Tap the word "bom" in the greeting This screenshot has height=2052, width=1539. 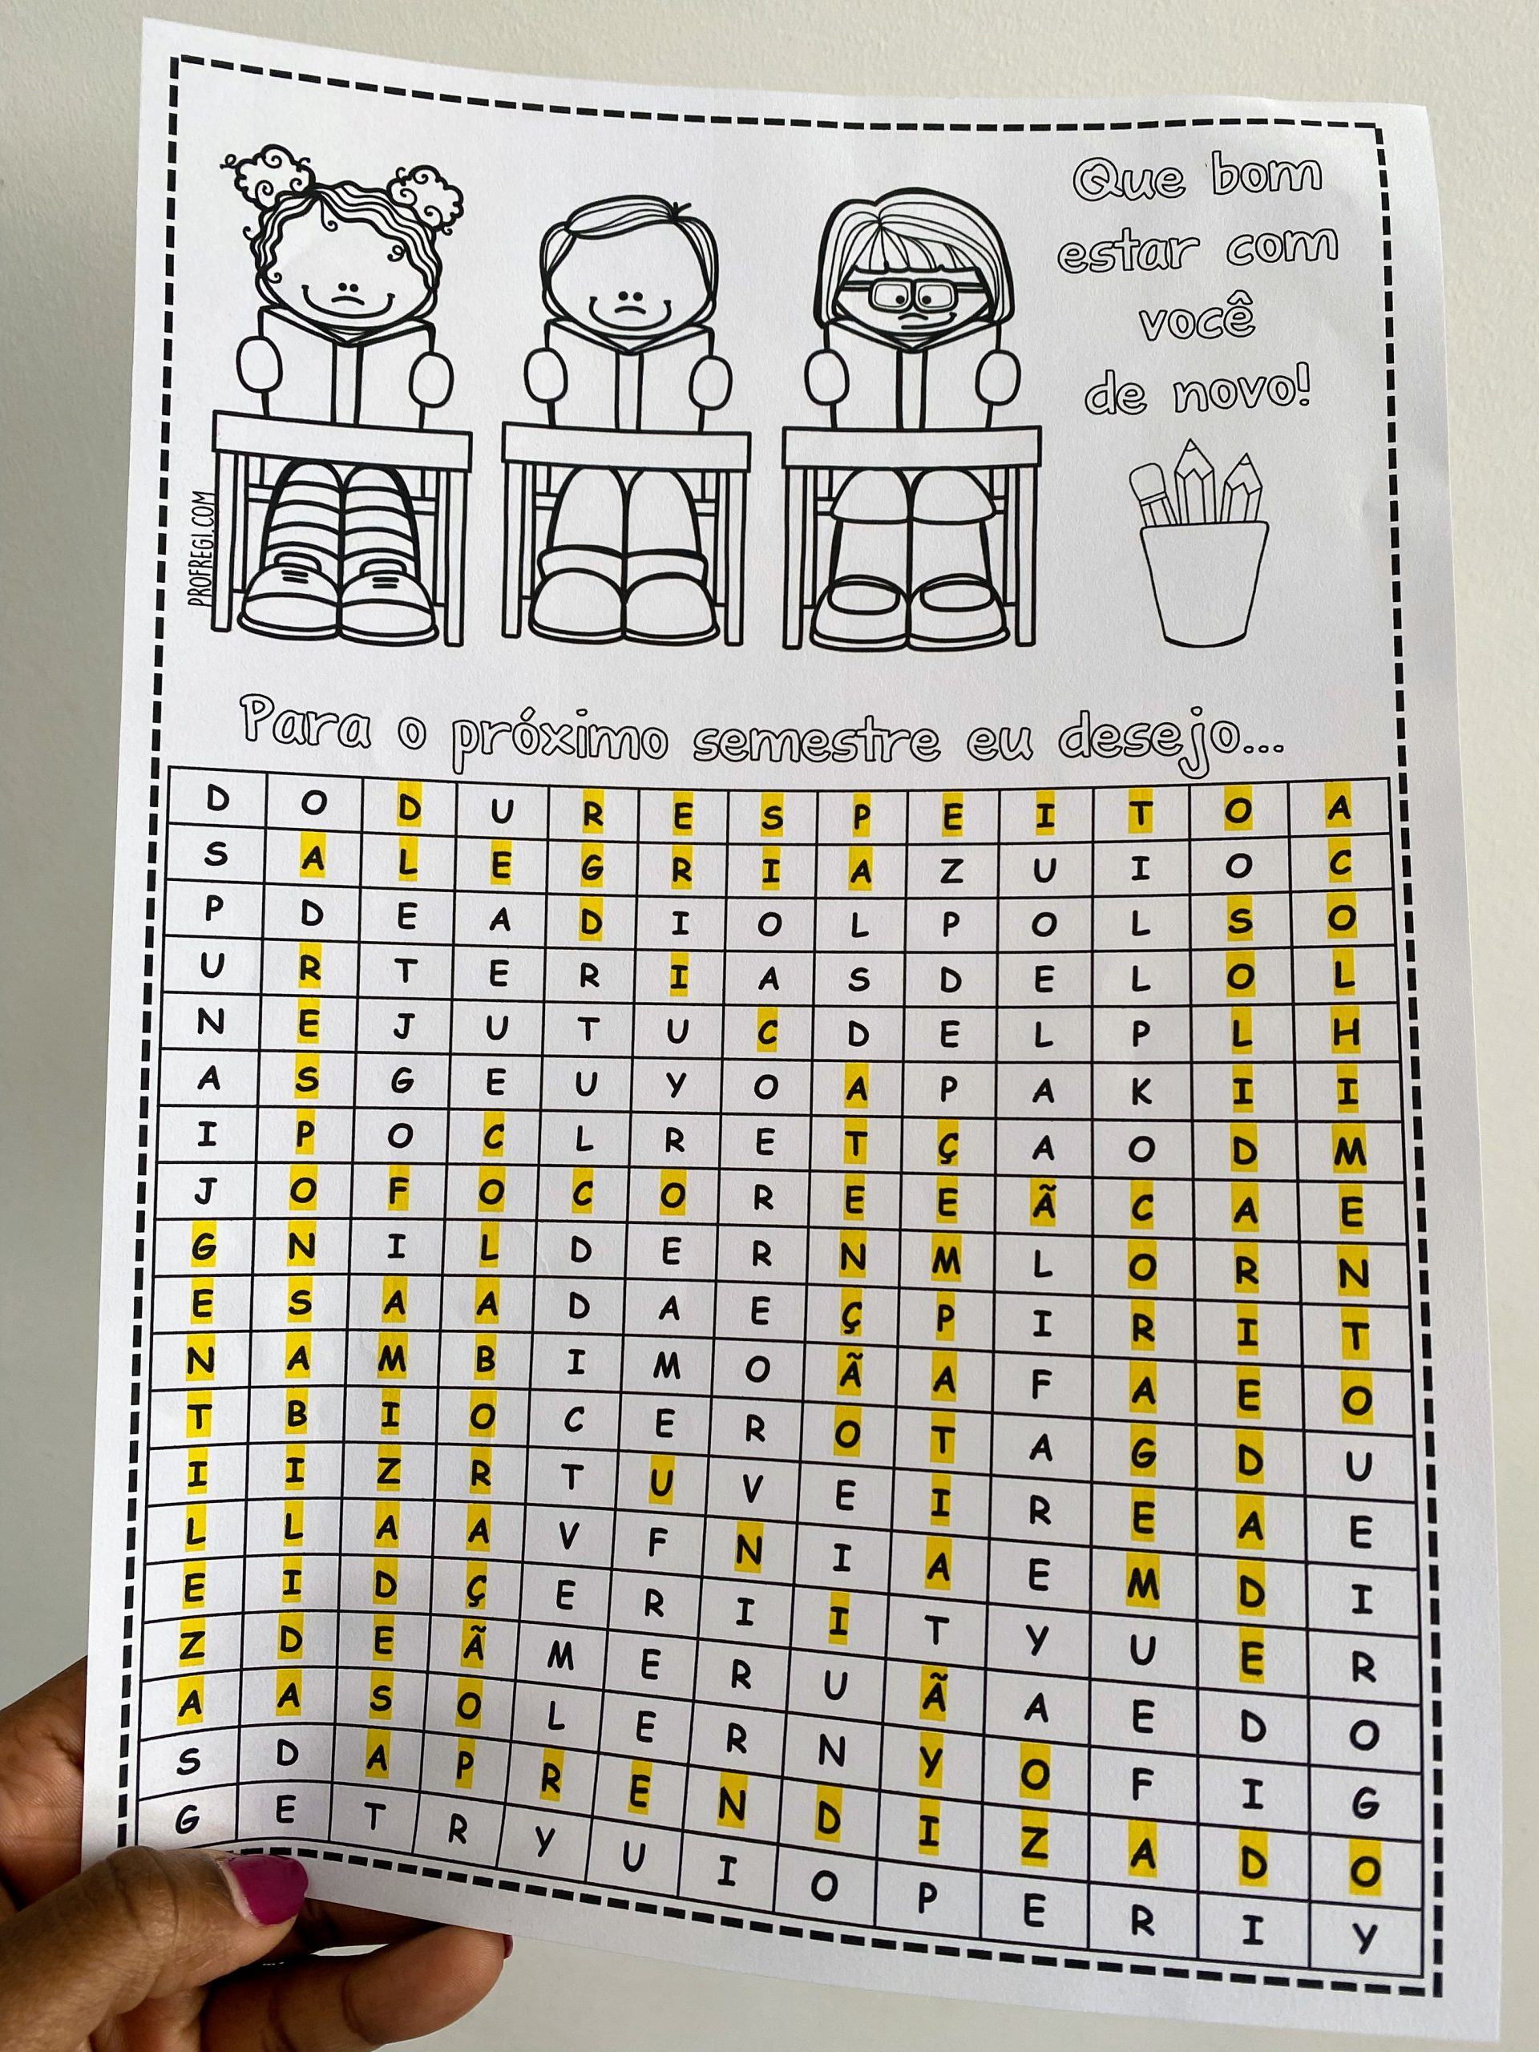(x=1267, y=175)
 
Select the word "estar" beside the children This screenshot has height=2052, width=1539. (x=1128, y=252)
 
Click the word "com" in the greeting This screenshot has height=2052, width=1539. (x=1283, y=246)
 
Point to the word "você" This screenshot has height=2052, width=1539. (x=1197, y=315)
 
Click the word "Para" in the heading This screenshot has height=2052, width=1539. (x=306, y=725)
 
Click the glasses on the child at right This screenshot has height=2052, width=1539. (x=912, y=295)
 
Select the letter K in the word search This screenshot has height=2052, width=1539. (x=1141, y=1092)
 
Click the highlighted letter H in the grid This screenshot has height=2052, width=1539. (x=1346, y=1032)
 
